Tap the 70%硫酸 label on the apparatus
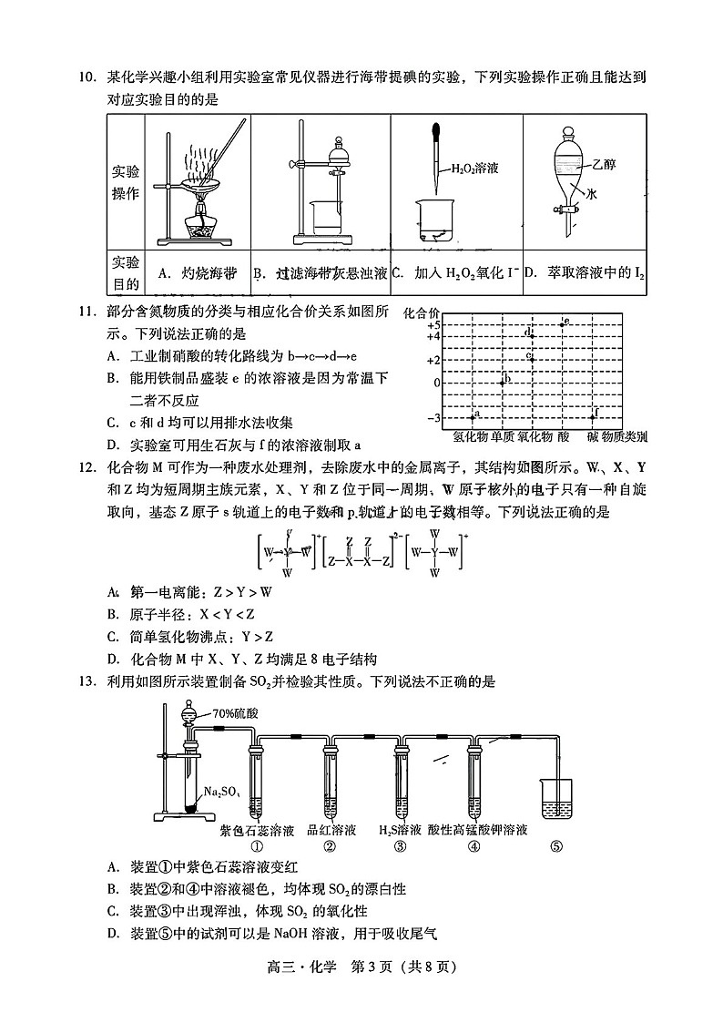pyautogui.click(x=235, y=713)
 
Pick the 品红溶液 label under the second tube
pyautogui.click(x=331, y=830)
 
